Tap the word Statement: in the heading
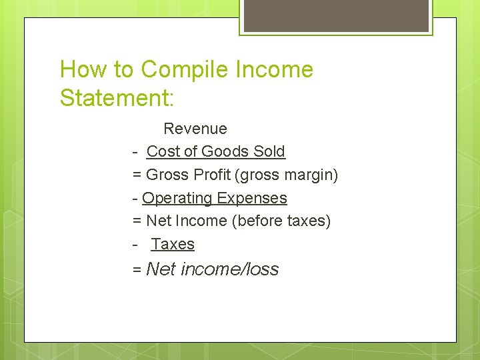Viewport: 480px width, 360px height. pyautogui.click(x=117, y=98)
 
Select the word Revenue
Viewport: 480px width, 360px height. pyautogui.click(x=195, y=129)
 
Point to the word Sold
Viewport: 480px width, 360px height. pyautogui.click(x=269, y=152)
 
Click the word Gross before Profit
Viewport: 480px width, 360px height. pyautogui.click(x=167, y=175)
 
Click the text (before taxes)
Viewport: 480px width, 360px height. pyautogui.click(x=281, y=221)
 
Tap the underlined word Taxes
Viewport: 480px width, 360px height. pyautogui.click(x=173, y=245)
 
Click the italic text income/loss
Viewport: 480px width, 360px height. pyautogui.click(x=229, y=270)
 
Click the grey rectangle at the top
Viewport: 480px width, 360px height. pyautogui.click(x=335, y=15)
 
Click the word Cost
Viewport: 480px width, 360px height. pyautogui.click(x=163, y=152)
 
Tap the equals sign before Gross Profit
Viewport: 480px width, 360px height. pyautogui.click(x=137, y=175)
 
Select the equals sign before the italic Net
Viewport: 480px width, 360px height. pyautogui.click(x=137, y=270)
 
